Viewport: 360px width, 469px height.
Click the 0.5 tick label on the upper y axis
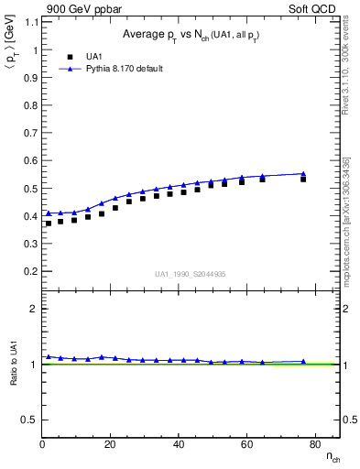click(x=29, y=189)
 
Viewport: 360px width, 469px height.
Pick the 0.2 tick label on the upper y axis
click(x=29, y=272)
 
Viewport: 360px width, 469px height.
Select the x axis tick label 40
click(x=179, y=445)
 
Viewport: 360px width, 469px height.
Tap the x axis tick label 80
click(x=314, y=445)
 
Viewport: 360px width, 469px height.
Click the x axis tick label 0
click(x=42, y=445)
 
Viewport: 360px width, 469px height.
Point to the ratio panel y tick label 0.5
click(x=29, y=420)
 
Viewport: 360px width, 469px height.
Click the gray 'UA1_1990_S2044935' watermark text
click(x=191, y=275)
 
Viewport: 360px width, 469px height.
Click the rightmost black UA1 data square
click(x=303, y=179)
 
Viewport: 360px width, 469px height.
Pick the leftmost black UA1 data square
click(x=49, y=224)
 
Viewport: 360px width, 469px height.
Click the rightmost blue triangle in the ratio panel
click(x=303, y=362)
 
